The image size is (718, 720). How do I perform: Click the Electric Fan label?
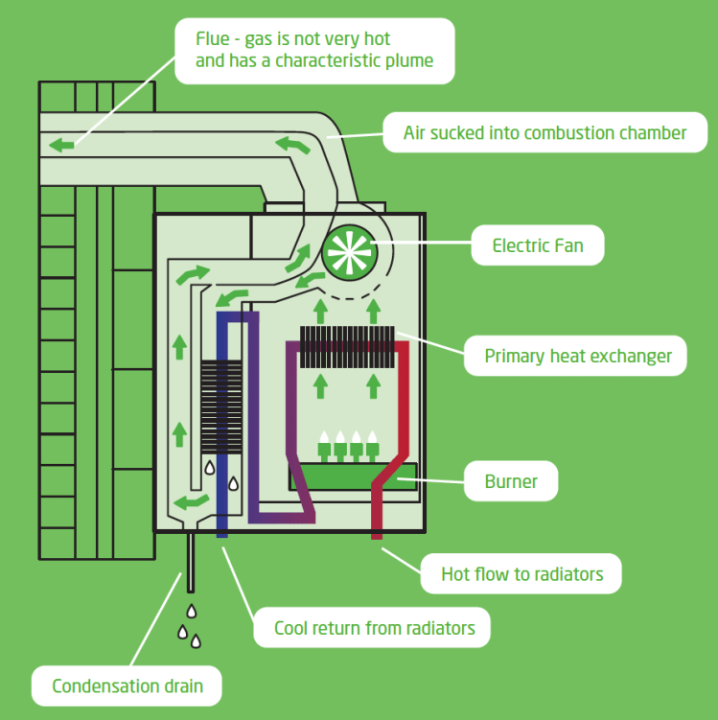[x=539, y=245]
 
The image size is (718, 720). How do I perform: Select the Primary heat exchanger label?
[x=577, y=356]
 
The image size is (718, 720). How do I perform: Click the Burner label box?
[x=511, y=481]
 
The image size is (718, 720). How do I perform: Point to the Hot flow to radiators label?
[x=521, y=574]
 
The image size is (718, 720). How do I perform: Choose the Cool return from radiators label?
[x=374, y=628]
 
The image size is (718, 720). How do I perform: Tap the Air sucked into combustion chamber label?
[x=544, y=132]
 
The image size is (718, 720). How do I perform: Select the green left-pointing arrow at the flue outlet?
[x=62, y=145]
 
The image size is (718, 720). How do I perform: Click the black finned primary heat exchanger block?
[x=347, y=346]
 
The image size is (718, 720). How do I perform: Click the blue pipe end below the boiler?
[x=222, y=529]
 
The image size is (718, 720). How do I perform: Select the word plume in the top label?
[x=408, y=60]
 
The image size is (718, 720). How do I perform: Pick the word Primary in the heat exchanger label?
[x=515, y=356]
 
